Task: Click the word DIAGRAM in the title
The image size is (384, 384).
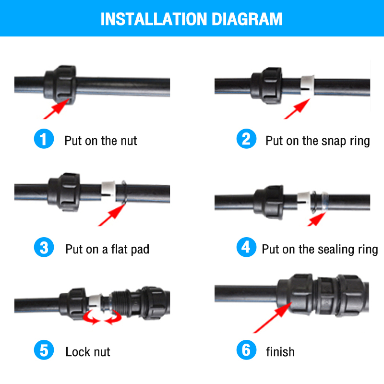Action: coord(247,19)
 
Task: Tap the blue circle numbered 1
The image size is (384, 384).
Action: coord(44,139)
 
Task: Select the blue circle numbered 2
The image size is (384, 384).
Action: coord(246,139)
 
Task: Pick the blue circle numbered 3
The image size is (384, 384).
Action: coord(44,247)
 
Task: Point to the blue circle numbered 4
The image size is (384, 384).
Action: coord(246,247)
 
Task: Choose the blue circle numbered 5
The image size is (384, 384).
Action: coord(44,350)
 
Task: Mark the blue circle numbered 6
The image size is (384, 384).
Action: coord(246,350)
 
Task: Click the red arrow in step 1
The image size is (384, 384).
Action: coord(56,109)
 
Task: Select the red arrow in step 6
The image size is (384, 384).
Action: coord(272,318)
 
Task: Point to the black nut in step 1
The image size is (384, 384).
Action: coord(60,85)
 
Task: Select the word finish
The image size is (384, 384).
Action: coord(280,352)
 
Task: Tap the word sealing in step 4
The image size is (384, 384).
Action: coord(336,250)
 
